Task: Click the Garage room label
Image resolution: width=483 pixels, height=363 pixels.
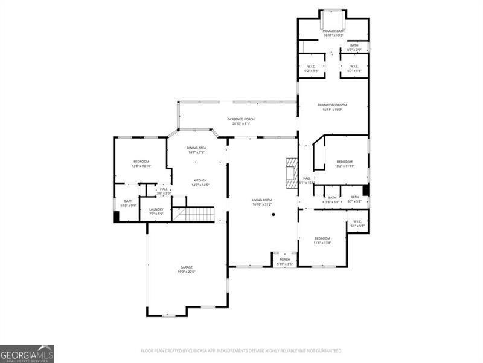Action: (x=186, y=269)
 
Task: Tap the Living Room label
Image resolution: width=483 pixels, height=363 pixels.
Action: (x=262, y=201)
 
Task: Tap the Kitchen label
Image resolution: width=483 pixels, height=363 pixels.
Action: (x=200, y=182)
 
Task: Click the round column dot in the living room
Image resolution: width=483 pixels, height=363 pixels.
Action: (x=273, y=214)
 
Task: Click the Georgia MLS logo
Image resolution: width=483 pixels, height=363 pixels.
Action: (x=27, y=353)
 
